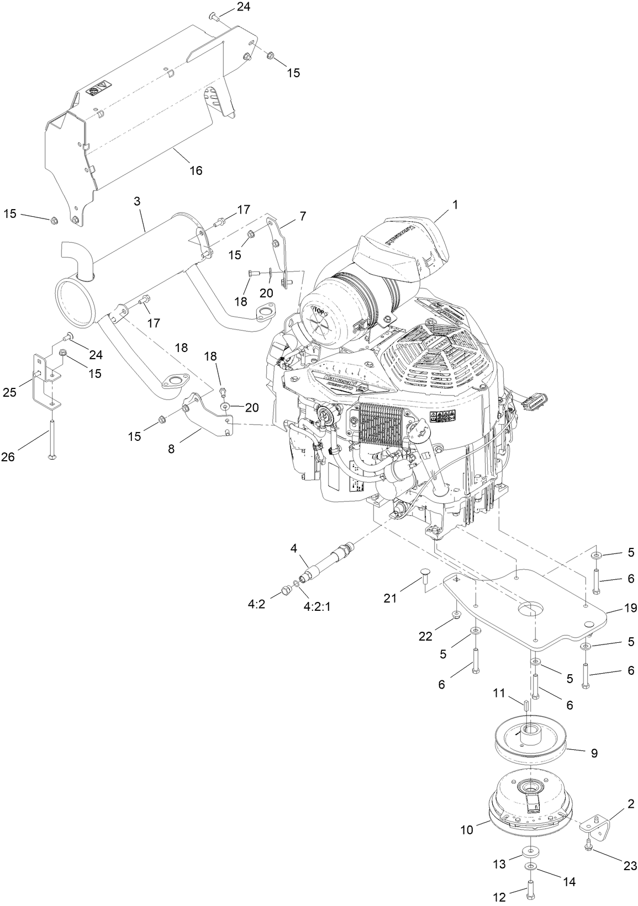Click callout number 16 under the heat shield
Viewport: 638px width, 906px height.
(196, 170)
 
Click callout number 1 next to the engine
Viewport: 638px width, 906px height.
(455, 205)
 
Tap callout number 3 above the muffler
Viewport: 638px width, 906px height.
(137, 202)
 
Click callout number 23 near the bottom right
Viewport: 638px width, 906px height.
(630, 866)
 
